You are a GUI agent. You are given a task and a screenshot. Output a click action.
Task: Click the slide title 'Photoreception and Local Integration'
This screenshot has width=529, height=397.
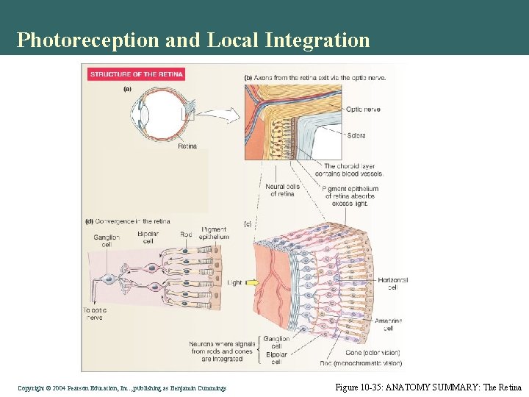tap(193, 40)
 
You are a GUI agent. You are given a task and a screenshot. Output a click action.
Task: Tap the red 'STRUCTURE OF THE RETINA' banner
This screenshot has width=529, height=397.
tap(136, 74)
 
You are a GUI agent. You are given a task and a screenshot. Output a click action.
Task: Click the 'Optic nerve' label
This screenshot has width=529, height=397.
tap(362, 110)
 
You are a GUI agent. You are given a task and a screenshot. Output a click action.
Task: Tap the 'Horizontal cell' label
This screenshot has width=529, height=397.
tap(392, 284)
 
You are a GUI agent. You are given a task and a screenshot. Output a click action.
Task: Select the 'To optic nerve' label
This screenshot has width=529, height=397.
tap(93, 314)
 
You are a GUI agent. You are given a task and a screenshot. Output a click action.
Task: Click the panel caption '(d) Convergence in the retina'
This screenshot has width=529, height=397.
tap(128, 221)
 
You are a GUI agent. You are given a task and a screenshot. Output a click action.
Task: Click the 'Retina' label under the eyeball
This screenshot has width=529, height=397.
tap(187, 146)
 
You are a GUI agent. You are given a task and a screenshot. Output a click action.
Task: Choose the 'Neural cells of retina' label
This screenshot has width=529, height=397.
tap(281, 190)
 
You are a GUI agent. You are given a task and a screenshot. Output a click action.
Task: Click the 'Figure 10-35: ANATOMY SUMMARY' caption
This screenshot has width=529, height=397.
tap(428, 387)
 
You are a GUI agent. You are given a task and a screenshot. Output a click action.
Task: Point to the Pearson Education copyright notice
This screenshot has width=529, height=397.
tap(122, 387)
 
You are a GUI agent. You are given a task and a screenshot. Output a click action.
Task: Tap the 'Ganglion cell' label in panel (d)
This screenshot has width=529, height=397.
tap(103, 241)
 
